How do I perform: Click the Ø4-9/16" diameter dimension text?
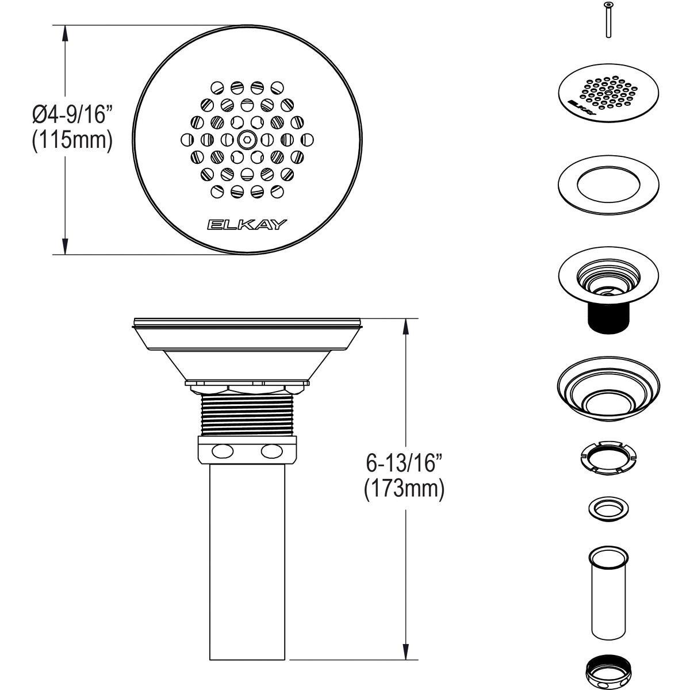coord(71,115)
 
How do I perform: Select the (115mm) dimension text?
coord(71,140)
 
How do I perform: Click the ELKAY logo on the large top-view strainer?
coord(247,224)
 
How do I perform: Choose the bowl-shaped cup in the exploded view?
coord(608,391)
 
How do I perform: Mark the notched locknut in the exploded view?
coord(608,458)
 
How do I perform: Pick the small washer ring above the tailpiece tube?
coord(608,508)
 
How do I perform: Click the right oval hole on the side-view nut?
coord(272,451)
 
